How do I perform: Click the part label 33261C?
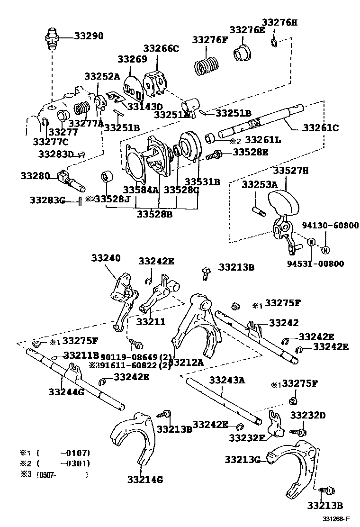click(321, 127)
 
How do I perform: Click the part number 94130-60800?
click(330, 226)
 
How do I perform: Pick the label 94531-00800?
click(315, 263)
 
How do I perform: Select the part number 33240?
click(106, 258)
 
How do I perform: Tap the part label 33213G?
click(243, 459)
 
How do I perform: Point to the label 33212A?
click(186, 363)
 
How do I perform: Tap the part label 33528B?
click(155, 214)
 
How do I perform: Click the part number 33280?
click(35, 176)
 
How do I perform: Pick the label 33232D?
click(308, 415)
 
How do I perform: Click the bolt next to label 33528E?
click(216, 154)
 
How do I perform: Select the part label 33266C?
click(162, 48)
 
